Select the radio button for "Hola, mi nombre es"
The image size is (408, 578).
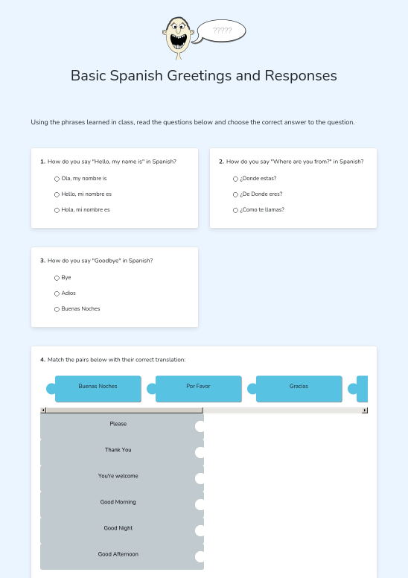[57, 210]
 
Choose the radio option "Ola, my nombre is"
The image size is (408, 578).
[57, 179]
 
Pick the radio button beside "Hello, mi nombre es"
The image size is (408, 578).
[57, 194]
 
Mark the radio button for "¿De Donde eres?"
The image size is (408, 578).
[235, 194]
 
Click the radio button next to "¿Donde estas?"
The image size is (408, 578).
[235, 179]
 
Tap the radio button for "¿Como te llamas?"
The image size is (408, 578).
[235, 210]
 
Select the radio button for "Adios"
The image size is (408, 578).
[57, 293]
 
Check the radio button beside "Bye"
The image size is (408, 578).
[57, 278]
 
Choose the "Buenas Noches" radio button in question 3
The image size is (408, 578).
[57, 309]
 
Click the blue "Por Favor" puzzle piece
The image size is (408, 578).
[198, 389]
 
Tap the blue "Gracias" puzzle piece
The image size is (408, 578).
[299, 389]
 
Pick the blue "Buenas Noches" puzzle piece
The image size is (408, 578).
[98, 389]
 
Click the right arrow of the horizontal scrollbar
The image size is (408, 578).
[365, 410]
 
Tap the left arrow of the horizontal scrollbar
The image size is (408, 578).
[43, 410]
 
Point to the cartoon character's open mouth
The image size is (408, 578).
[178, 41]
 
